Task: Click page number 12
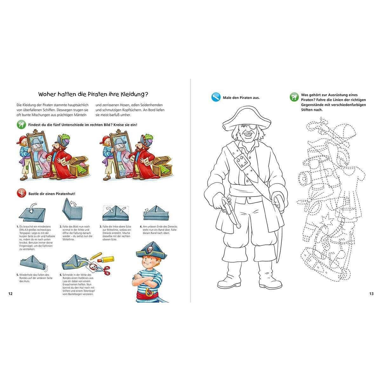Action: [10, 294]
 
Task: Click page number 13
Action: [371, 294]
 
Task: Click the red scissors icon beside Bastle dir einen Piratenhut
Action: [21, 193]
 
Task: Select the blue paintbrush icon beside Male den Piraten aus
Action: [216, 97]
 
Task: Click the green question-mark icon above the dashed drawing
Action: [294, 97]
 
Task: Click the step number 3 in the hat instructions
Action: [101, 227]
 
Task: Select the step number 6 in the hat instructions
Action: [61, 275]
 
